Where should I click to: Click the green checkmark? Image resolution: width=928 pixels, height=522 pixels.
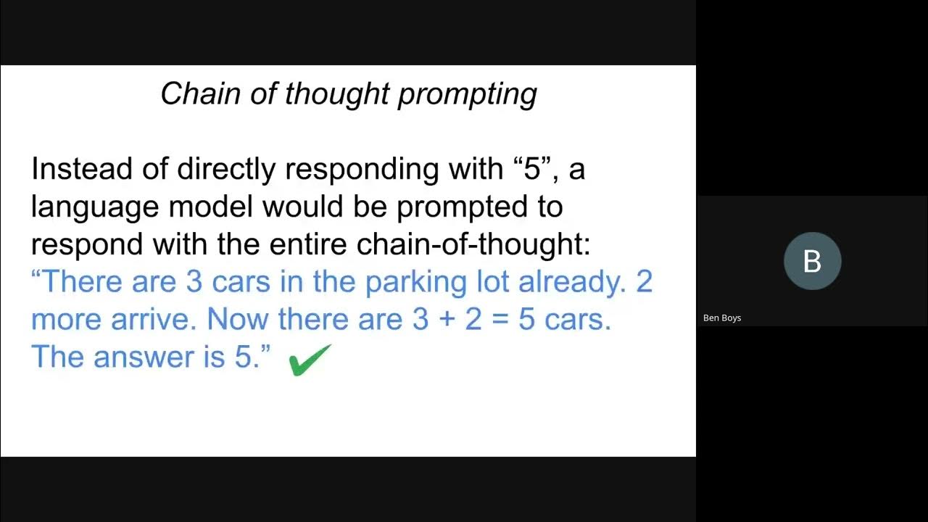310,360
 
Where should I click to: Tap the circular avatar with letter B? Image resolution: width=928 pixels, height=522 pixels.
812,261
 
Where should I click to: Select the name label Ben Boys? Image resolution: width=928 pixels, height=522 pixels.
721,318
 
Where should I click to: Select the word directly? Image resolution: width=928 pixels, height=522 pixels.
226,170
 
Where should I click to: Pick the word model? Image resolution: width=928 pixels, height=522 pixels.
211,207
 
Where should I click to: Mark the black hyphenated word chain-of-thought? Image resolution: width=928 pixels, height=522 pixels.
473,245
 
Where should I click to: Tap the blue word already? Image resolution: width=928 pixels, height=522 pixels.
572,282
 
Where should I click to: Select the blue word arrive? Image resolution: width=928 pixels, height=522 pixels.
150,320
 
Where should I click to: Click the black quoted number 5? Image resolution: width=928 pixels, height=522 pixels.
534,170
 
